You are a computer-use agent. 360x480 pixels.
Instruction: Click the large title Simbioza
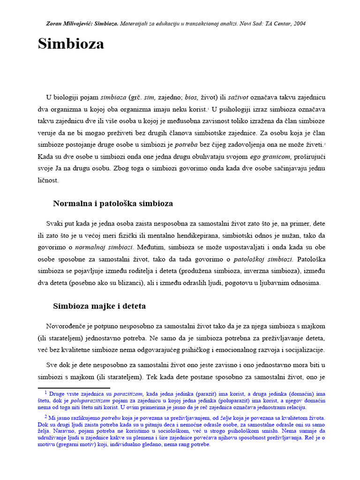coord(71,44)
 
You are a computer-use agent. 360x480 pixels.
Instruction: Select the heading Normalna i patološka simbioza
coord(113,204)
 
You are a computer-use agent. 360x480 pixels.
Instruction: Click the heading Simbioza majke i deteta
coord(99,306)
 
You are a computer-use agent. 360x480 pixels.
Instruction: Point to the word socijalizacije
coord(303,350)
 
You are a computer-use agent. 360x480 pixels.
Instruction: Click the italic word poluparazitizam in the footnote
coord(90,401)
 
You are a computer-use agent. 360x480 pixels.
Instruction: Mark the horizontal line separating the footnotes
coord(74,388)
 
